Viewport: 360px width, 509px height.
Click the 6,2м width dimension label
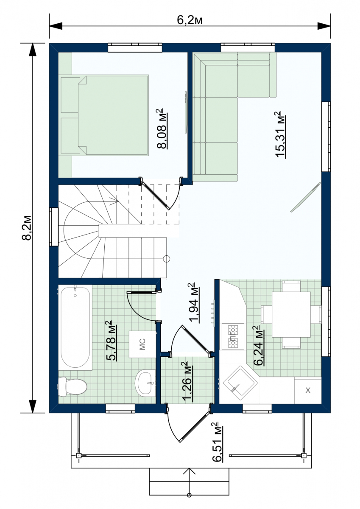pyautogui.click(x=190, y=20)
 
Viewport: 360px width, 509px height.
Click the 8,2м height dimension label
pyautogui.click(x=27, y=227)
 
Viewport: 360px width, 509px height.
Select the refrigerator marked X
pyautogui.click(x=308, y=390)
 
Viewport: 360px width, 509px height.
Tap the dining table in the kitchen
pyautogui.click(x=291, y=314)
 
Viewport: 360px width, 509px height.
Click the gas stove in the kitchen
pyautogui.click(x=233, y=336)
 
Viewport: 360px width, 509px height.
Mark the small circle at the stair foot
pyautogui.click(x=167, y=259)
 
